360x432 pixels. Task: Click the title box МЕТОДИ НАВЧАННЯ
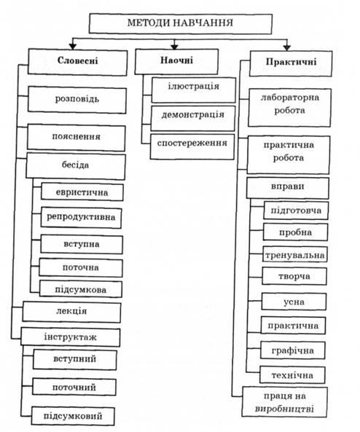tap(181, 23)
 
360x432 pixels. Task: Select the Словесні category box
tap(77, 62)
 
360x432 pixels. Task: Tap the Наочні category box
tap(176, 61)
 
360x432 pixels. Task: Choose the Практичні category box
tap(291, 63)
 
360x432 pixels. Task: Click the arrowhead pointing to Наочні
tap(174, 47)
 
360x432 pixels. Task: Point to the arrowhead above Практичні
tap(287, 48)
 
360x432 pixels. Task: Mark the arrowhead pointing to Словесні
tap(72, 47)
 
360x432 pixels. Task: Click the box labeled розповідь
tap(77, 100)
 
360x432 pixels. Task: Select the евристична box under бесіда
tap(82, 192)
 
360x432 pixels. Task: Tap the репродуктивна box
tap(82, 217)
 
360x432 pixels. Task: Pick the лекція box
tap(71, 312)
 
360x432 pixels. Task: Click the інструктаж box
tap(71, 337)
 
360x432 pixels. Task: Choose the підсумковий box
tap(73, 416)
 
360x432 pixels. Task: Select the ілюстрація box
tap(194, 90)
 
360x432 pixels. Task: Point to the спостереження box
tap(192, 146)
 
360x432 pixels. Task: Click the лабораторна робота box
tap(290, 107)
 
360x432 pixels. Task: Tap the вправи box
tap(288, 188)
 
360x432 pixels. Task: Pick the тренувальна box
tap(295, 254)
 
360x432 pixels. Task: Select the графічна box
tap(293, 350)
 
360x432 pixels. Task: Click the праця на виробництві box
tap(285, 402)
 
